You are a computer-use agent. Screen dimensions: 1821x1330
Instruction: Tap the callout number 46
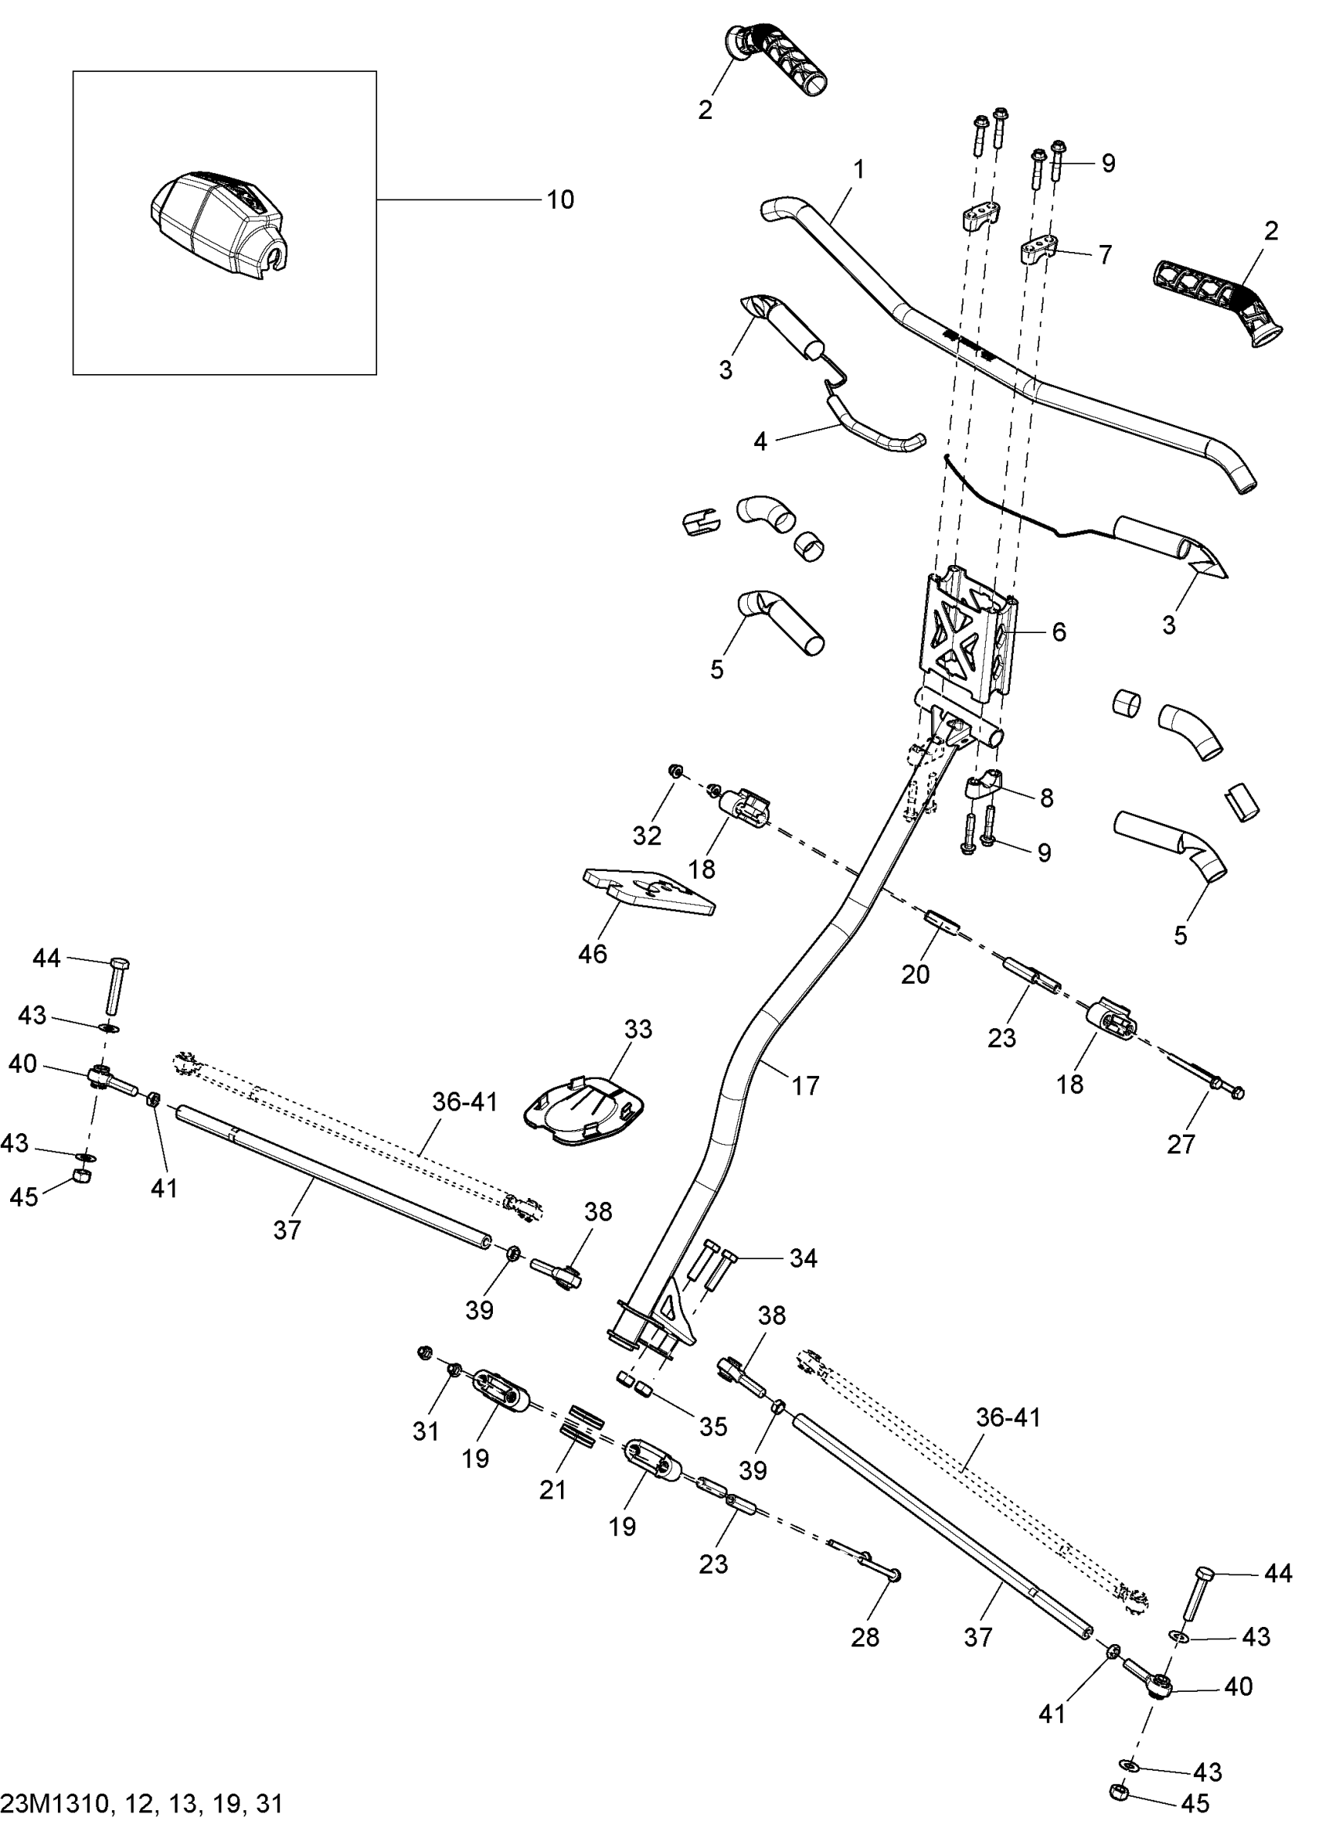[592, 954]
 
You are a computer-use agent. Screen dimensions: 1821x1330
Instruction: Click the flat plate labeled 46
[648, 891]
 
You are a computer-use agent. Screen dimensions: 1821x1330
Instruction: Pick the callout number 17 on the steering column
[805, 1085]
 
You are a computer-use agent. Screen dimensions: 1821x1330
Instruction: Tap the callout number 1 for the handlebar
[859, 170]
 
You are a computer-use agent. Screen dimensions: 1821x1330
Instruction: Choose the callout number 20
[915, 974]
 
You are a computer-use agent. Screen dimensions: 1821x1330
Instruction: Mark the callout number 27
[1181, 1143]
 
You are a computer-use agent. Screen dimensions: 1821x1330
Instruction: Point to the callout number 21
[553, 1490]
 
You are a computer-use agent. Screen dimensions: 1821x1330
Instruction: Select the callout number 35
[714, 1427]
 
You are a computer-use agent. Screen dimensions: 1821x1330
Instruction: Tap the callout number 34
[803, 1258]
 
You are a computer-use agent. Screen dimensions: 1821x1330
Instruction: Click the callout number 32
[646, 836]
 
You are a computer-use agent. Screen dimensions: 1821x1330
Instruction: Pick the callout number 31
[426, 1431]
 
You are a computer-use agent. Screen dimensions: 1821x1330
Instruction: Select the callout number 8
[1047, 798]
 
